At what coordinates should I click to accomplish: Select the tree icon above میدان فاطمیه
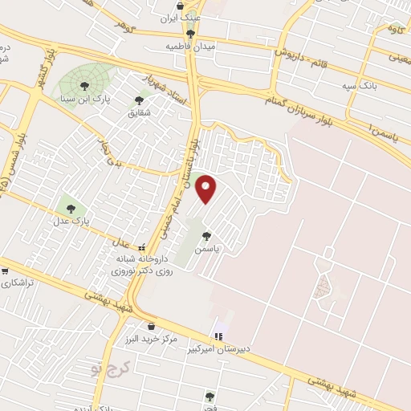(x=191, y=34)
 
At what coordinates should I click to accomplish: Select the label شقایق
(x=140, y=114)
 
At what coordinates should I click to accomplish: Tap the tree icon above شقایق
(x=140, y=100)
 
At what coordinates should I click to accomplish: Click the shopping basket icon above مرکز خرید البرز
(x=152, y=326)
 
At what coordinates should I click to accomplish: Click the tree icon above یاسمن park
(x=207, y=236)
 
